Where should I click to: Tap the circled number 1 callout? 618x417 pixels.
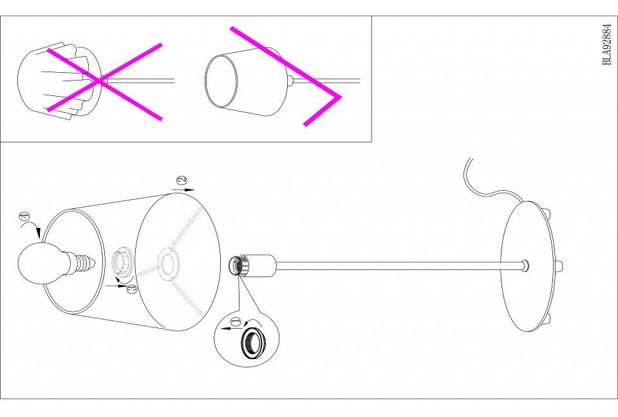pyautogui.click(x=236, y=322)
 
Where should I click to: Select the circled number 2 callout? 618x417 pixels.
pyautogui.click(x=182, y=180)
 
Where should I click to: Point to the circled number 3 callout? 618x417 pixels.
pyautogui.click(x=133, y=288)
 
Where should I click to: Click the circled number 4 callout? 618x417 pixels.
pyautogui.click(x=24, y=217)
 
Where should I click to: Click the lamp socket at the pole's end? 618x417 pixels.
pyautogui.click(x=252, y=265)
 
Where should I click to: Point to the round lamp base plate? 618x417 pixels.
pyautogui.click(x=527, y=266)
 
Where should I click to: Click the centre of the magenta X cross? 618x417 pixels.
pyautogui.click(x=101, y=81)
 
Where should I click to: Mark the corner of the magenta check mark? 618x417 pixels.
pyautogui.click(x=340, y=96)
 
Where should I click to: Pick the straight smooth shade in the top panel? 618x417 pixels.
pyautogui.click(x=247, y=81)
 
